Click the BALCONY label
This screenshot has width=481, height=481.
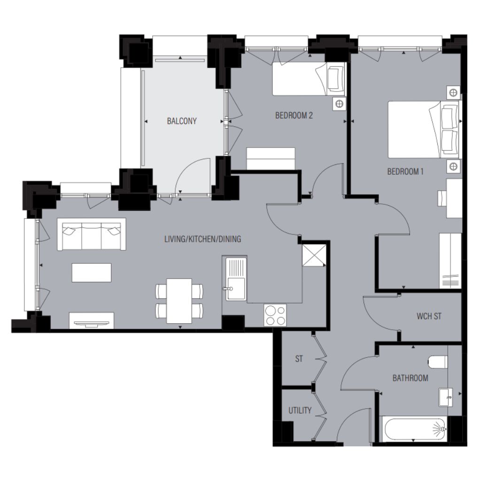[182, 121]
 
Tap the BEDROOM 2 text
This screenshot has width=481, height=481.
[294, 116]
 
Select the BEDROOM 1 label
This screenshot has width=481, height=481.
[405, 171]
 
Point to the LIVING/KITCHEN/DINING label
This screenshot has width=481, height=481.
[202, 239]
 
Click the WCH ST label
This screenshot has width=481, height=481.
[429, 316]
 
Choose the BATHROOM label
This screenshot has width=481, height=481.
[410, 378]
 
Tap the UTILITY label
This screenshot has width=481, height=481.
[300, 411]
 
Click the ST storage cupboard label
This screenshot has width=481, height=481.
[299, 358]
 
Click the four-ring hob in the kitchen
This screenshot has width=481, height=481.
[275, 315]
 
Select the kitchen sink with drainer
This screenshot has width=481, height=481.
[236, 279]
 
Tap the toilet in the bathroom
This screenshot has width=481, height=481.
[438, 362]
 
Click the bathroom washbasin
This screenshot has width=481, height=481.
[446, 397]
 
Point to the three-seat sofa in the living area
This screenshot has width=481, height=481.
[92, 234]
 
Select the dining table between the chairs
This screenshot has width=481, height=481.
[179, 301]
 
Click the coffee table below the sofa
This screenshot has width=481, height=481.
[92, 272]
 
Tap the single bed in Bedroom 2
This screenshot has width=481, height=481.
[309, 79]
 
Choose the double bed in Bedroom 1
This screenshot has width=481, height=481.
[425, 130]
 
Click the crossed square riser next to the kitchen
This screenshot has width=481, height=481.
[314, 255]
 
